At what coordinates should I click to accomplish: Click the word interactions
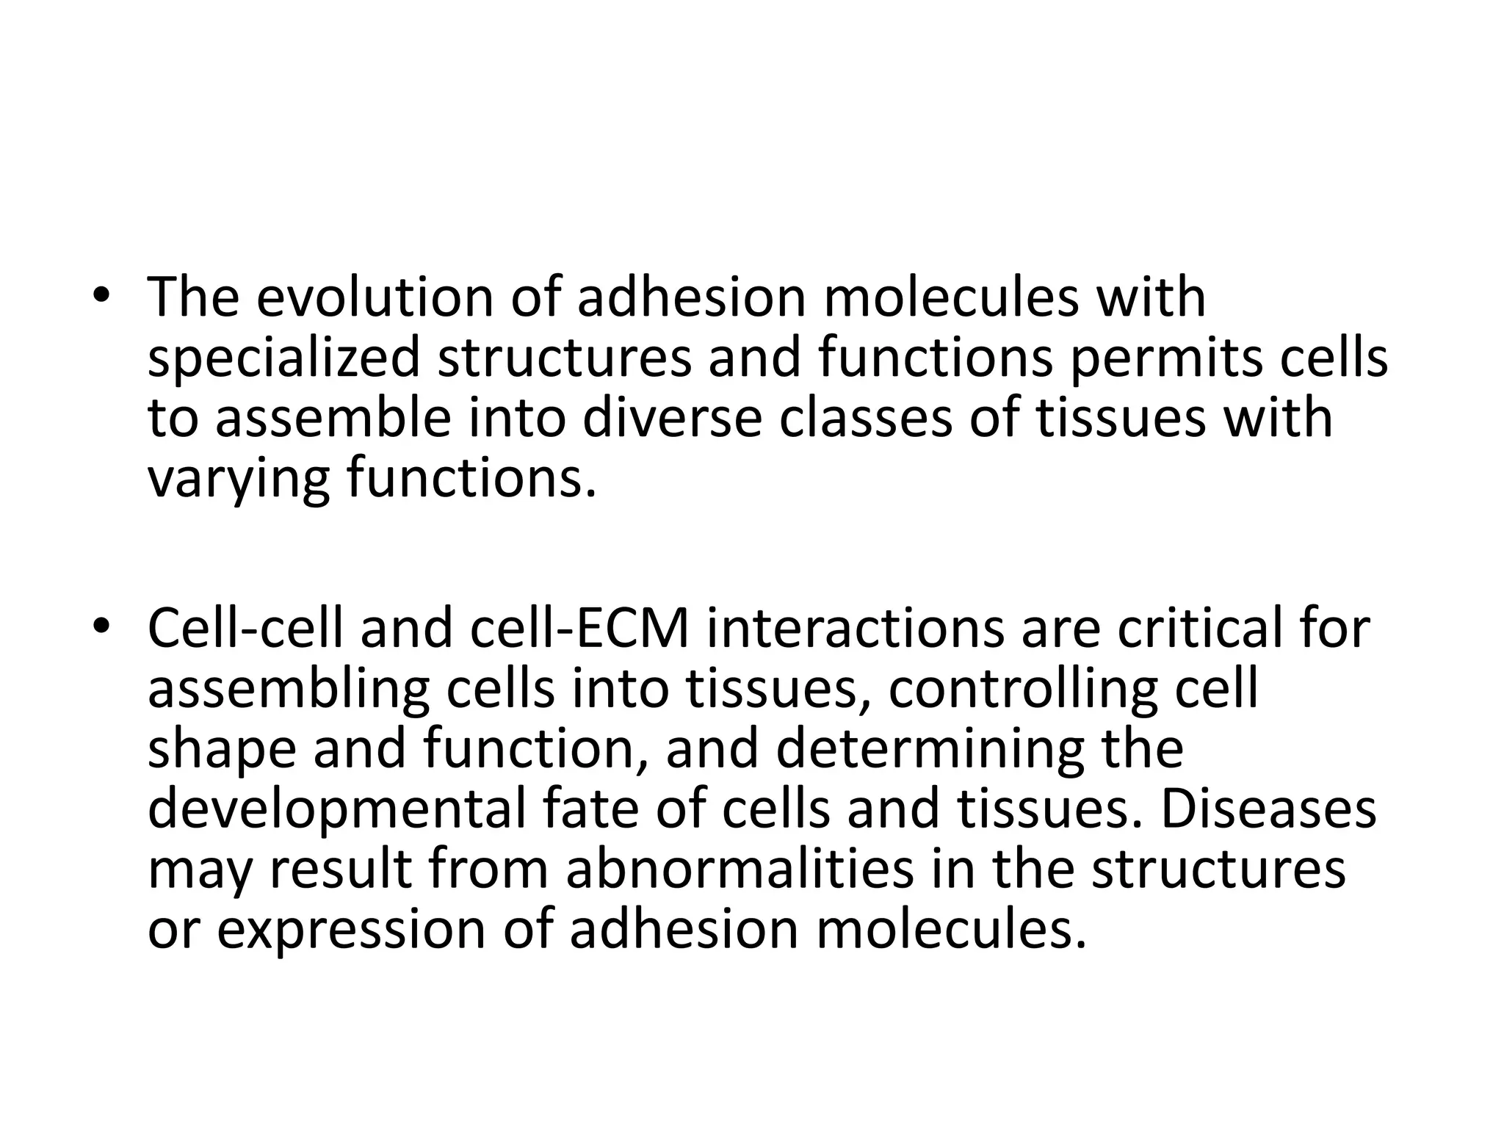(x=854, y=629)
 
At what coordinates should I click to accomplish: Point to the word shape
(x=221, y=749)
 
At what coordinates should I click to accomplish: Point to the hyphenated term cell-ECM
(x=580, y=629)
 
